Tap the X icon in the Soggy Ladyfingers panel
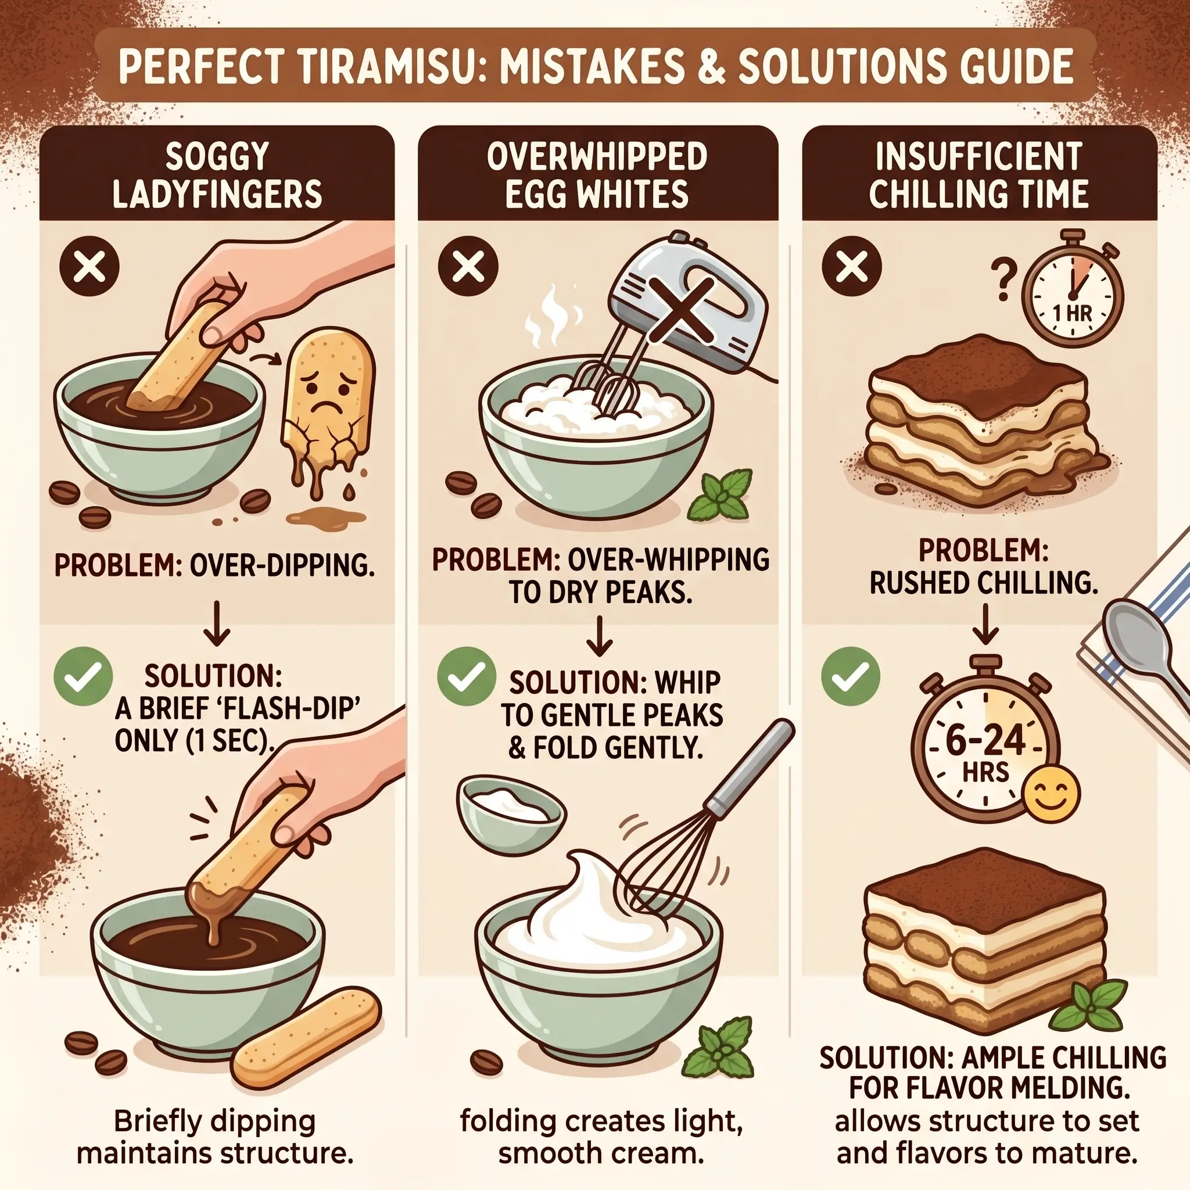pyautogui.click(x=89, y=267)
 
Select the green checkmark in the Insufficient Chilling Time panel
pyautogui.click(x=851, y=676)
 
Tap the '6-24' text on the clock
pyautogui.click(x=985, y=740)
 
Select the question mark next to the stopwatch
pyautogui.click(x=1003, y=281)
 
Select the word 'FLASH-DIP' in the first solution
pyautogui.click(x=280, y=709)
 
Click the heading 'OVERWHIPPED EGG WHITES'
pyautogui.click(x=597, y=175)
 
